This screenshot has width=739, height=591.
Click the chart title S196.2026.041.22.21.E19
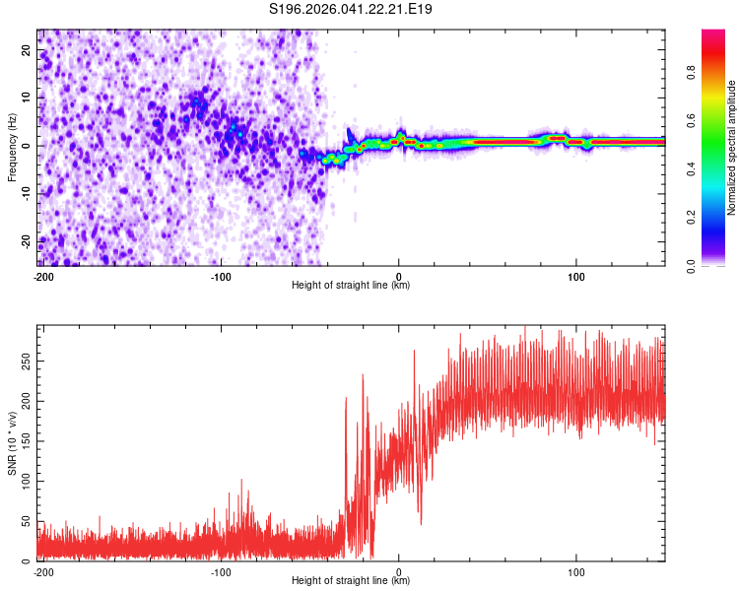pos(352,10)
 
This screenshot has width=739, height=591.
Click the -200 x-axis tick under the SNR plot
pos(43,570)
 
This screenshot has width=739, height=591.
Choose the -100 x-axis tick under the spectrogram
pos(221,276)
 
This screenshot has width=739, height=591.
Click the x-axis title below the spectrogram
pos(351,286)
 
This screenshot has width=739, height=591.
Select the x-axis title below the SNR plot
pos(351,581)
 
